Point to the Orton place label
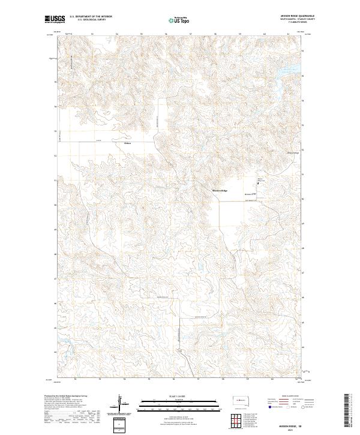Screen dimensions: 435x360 point(127,143)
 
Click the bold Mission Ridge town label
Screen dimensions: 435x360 point(220,190)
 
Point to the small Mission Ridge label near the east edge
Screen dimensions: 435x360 point(293,153)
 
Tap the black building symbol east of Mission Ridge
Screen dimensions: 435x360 point(259,185)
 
